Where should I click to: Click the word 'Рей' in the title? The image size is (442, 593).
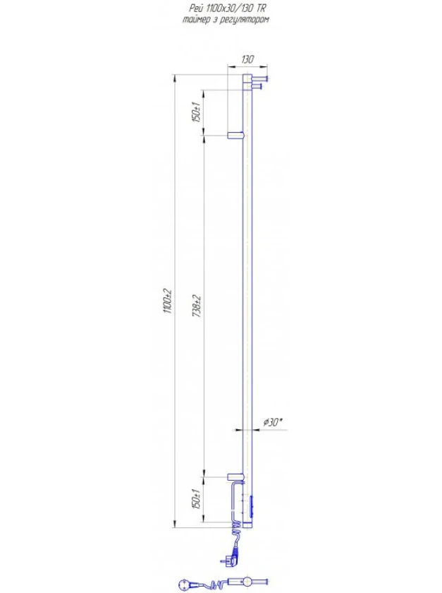tap(194, 9)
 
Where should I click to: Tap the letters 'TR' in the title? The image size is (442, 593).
tap(261, 8)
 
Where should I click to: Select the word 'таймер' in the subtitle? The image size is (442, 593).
tap(196, 20)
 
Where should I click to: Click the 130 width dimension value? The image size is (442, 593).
tap(247, 59)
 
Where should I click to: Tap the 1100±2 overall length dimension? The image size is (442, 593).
tap(168, 301)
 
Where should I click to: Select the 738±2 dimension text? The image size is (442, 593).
tap(197, 306)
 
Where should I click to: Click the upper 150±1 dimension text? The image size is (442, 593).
tap(197, 112)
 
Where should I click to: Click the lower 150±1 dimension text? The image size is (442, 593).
tap(197, 499)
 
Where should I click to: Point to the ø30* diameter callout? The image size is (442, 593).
tap(273, 422)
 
